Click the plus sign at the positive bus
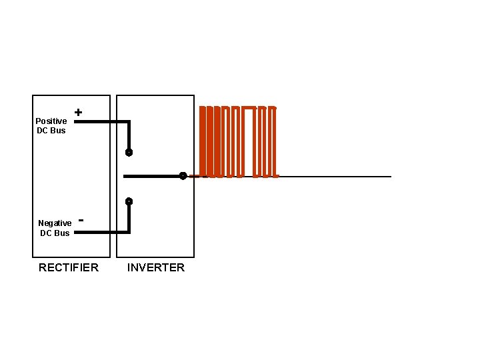tap(79, 113)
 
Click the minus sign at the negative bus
tap(81, 218)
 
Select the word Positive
tap(51, 121)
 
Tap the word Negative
tap(55, 223)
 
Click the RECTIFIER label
tap(69, 267)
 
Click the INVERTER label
tap(156, 267)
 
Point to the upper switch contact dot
tap(129, 152)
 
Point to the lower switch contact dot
tap(129, 201)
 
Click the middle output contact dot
tap(182, 176)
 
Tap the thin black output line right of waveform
tap(333, 177)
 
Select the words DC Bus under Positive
tap(51, 130)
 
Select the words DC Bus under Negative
tap(55, 233)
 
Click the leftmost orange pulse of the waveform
tap(203, 141)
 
